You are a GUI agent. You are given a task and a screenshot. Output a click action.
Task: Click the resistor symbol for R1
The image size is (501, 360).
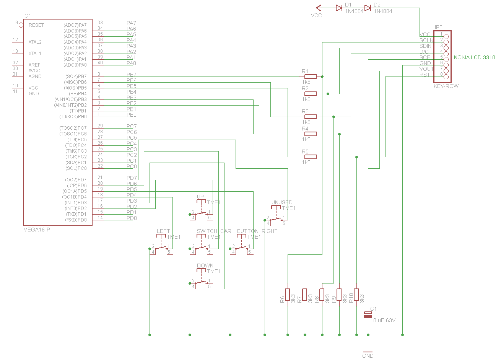(x=310, y=77)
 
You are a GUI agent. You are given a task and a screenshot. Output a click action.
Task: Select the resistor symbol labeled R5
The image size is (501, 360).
(x=310, y=157)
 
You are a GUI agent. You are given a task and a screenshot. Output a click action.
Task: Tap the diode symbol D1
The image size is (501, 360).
(x=339, y=8)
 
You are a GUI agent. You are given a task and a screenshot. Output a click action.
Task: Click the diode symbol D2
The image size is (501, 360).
(x=368, y=8)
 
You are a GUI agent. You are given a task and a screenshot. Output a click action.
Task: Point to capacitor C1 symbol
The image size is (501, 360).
(x=368, y=314)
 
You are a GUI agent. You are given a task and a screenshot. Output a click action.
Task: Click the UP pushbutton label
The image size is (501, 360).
(x=200, y=197)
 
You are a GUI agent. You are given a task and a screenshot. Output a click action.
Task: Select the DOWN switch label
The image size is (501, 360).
(x=205, y=266)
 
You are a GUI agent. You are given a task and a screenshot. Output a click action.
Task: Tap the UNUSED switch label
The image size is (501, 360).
(x=282, y=202)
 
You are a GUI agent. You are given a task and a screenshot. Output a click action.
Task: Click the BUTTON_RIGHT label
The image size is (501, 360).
(x=257, y=231)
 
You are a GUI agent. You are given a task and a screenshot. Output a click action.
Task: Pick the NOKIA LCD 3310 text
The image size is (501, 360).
(x=474, y=57)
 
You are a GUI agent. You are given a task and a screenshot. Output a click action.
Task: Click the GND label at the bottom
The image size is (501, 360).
(x=368, y=356)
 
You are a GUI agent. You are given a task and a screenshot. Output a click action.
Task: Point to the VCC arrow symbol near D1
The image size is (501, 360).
(x=319, y=8)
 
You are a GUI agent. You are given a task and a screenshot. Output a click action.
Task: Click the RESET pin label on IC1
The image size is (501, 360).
(x=36, y=25)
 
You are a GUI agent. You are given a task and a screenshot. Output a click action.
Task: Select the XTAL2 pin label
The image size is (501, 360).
(x=35, y=42)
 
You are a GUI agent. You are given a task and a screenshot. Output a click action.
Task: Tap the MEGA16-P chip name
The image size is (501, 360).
(x=37, y=230)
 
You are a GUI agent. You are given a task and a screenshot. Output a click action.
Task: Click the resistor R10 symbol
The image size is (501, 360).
(x=356, y=295)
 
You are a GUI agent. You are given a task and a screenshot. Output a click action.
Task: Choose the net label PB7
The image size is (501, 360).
(x=131, y=75)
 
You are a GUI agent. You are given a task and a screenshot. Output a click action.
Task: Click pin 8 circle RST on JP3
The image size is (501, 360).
(x=446, y=77)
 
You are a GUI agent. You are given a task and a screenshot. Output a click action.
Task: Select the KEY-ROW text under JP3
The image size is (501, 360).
(x=446, y=86)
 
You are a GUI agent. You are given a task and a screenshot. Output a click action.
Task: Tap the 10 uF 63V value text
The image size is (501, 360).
(x=383, y=320)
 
